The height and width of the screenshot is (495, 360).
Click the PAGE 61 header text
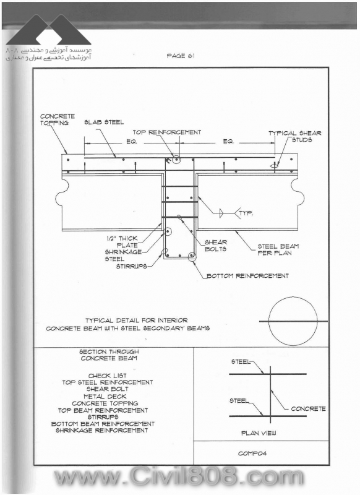pos(181,56)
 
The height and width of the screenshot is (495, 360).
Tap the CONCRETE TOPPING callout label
pos(57,119)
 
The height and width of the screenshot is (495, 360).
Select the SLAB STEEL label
pos(104,122)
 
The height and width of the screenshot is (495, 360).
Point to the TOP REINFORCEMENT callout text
pos(166,132)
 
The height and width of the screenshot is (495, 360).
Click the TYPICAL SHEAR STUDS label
pos(294,136)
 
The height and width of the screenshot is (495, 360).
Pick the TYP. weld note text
pos(246,213)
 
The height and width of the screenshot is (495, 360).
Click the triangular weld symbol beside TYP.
pos(221,213)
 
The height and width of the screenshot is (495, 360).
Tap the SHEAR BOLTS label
pos(216,246)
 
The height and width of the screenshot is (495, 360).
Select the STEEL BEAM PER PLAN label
pos(278,249)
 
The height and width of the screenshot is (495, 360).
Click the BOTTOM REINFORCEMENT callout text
pos(247,276)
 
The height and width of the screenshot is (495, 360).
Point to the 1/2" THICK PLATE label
pos(122,242)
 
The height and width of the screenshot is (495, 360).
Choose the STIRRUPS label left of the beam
pos(131,266)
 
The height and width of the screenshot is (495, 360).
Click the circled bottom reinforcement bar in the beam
pos(191,256)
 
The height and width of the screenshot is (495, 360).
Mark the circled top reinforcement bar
pos(176,160)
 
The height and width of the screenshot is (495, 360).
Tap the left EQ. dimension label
pos(132,142)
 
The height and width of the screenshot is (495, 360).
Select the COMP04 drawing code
pos(252,454)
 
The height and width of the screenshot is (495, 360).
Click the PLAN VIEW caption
pos(259,433)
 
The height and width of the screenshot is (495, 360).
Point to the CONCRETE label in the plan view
pos(308,408)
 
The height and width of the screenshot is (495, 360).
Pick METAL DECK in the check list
pos(105,396)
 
